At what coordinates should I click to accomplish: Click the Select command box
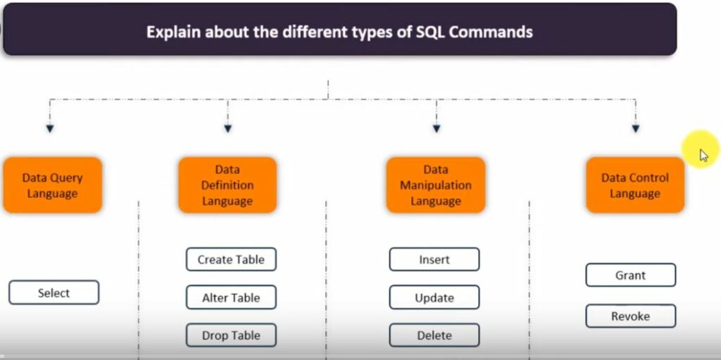(x=54, y=293)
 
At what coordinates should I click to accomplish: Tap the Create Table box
(x=231, y=259)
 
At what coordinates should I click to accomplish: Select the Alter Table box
(x=231, y=297)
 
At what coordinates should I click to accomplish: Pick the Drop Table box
(x=231, y=335)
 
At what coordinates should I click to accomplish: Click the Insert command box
(x=434, y=259)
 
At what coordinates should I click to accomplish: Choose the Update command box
(x=434, y=297)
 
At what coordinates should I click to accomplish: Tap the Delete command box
(x=434, y=335)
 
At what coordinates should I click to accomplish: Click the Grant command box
(x=630, y=275)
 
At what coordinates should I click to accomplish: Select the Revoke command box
(x=630, y=316)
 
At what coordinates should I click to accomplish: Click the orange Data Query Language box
(x=52, y=185)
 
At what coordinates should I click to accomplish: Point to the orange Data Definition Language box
(x=227, y=185)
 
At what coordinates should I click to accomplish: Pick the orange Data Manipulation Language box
(x=436, y=185)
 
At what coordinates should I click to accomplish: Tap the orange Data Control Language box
(x=635, y=185)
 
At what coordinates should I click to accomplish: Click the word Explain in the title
(x=170, y=32)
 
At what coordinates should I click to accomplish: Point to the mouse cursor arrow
(x=703, y=154)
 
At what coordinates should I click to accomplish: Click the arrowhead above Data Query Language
(x=50, y=128)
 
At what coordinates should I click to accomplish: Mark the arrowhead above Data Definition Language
(x=227, y=128)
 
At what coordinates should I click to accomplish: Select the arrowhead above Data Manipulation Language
(x=437, y=128)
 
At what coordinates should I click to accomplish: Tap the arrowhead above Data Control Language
(x=636, y=128)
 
